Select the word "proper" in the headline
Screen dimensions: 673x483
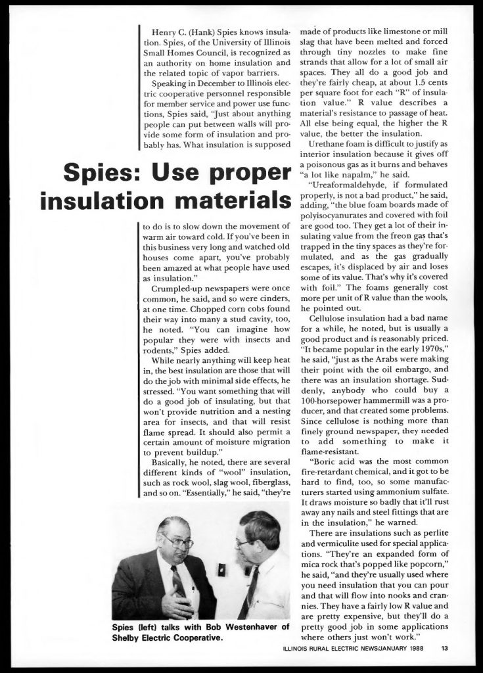click(252, 175)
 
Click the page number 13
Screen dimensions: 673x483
click(445, 649)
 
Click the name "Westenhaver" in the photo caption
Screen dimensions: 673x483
click(245, 627)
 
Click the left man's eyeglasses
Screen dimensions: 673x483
click(177, 542)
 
